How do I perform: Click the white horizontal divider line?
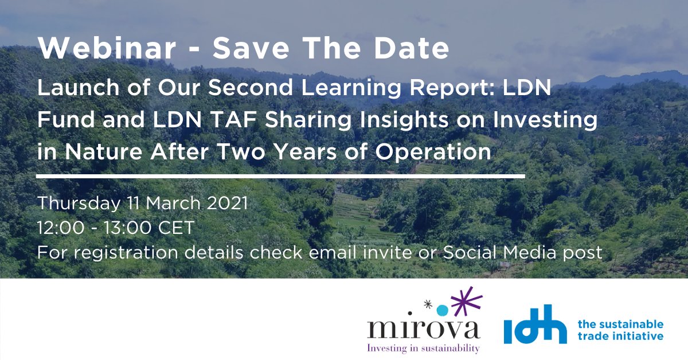click(x=280, y=176)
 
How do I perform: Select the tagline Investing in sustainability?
click(x=424, y=347)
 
